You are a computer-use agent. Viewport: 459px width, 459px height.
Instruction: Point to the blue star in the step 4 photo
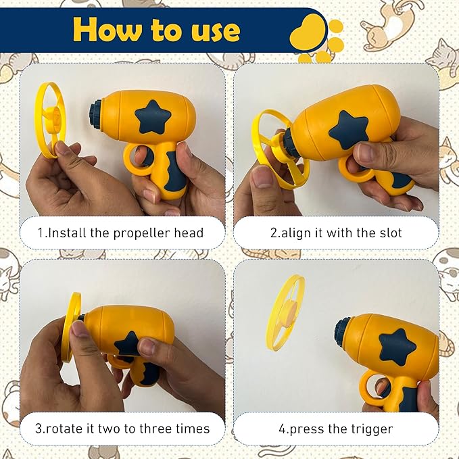(x=397, y=347)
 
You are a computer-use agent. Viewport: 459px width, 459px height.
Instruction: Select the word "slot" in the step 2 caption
(x=390, y=233)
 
